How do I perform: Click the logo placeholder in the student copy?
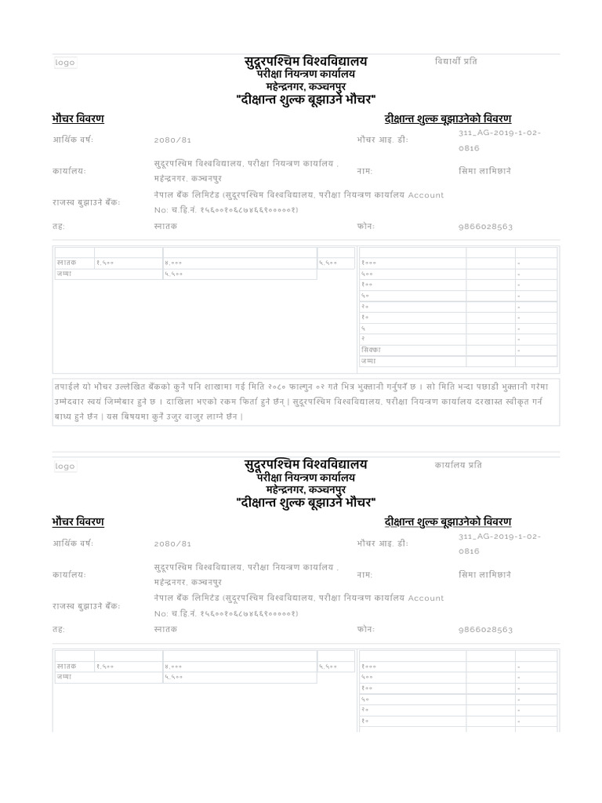tap(66, 63)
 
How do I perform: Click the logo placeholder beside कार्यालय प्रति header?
tap(66, 466)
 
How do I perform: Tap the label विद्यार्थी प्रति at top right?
tap(455, 61)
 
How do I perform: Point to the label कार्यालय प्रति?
tap(459, 465)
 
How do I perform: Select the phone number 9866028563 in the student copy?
tap(485, 227)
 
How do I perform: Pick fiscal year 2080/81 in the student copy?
tap(172, 140)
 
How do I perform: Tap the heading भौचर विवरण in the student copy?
tap(78, 118)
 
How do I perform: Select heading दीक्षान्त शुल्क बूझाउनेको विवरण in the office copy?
tap(448, 521)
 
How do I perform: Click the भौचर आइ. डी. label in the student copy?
tap(383, 140)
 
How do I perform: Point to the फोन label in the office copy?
tap(366, 629)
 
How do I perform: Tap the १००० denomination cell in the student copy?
tap(369, 263)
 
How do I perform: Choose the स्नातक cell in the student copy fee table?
tap(67, 263)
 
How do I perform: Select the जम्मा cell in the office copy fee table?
tap(64, 677)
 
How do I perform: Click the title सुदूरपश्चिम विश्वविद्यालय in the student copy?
tap(305, 61)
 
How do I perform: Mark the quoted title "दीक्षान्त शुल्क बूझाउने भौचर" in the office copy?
tap(306, 502)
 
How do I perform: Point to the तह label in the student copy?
tap(59, 227)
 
